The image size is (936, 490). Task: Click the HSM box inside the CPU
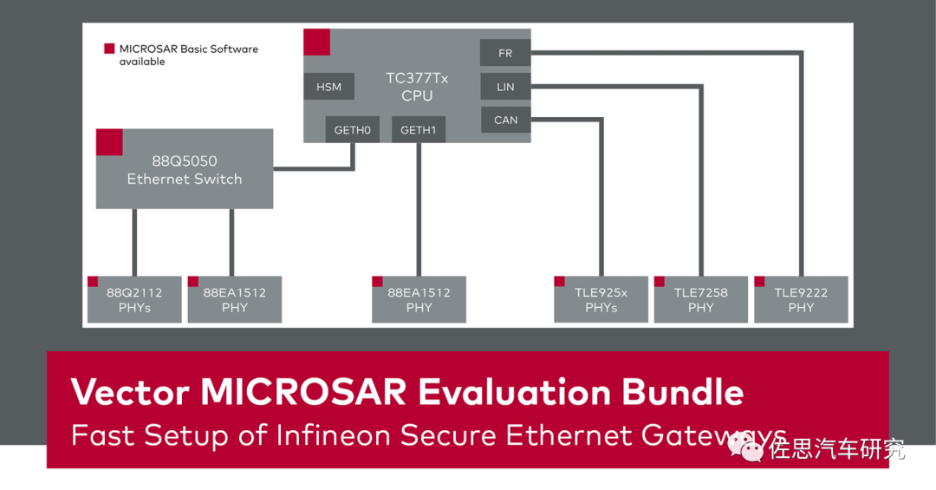point(329,87)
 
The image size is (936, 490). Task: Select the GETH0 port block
point(353,130)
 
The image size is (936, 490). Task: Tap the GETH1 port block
point(419,130)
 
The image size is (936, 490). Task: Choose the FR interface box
point(505,53)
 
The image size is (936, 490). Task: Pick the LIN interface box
point(505,87)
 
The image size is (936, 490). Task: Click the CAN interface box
point(505,120)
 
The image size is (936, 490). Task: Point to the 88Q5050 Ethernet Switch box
point(185,170)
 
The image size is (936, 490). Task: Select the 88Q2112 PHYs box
point(134,300)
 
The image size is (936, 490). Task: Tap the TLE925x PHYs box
point(601,300)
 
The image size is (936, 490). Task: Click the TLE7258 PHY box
point(701,300)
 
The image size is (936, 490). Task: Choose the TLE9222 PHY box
point(801,300)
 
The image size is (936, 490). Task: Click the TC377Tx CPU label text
point(417,87)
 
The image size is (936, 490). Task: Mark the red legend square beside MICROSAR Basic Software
point(109,49)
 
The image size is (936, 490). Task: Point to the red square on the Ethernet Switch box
point(109,142)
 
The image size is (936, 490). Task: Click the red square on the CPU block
point(316,42)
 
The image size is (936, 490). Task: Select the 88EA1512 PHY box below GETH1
point(419,300)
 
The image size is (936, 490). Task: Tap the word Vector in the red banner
point(130,393)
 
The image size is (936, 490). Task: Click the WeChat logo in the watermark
point(746,448)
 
